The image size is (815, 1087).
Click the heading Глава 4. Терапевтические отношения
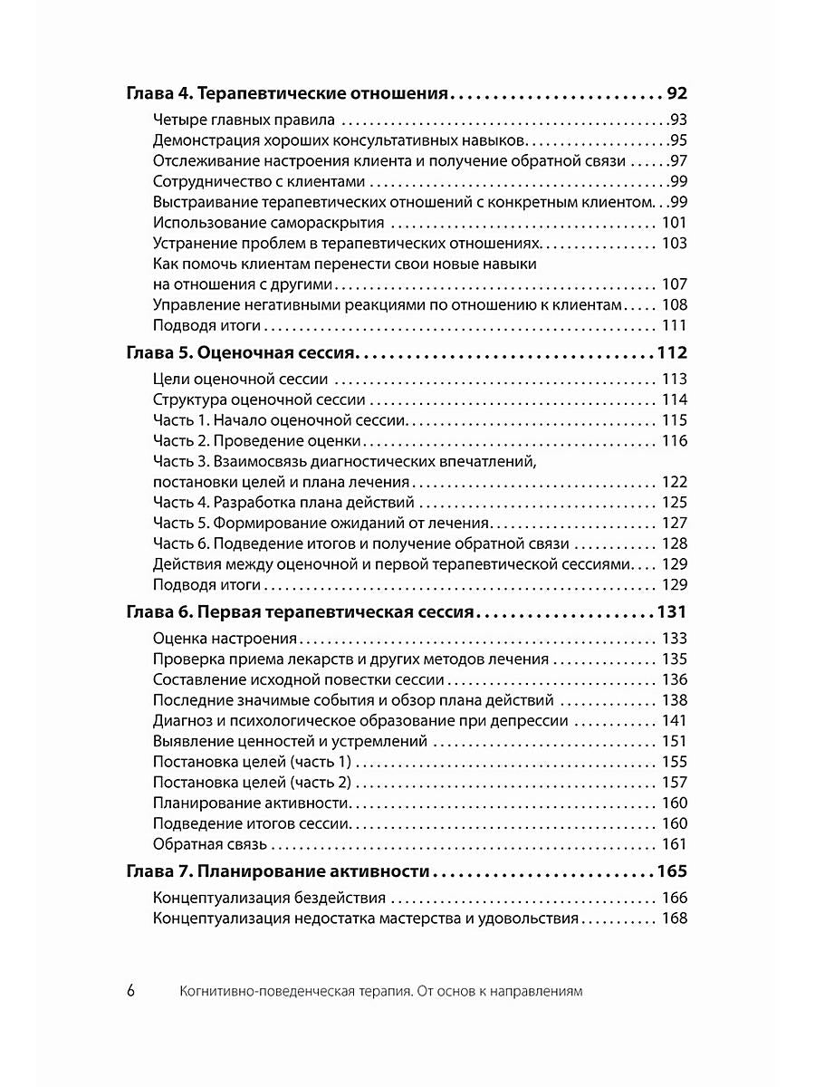[287, 93]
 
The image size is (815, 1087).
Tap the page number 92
[676, 93]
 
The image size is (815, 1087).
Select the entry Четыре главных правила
[244, 120]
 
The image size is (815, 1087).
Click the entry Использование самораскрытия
[269, 223]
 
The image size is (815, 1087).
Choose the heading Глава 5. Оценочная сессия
[244, 352]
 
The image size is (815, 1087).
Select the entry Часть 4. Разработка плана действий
[283, 502]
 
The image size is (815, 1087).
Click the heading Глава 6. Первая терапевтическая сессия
[300, 611]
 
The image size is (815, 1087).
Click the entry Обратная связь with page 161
[210, 844]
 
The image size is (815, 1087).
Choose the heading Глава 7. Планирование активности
[277, 872]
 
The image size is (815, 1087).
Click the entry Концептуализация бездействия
[269, 899]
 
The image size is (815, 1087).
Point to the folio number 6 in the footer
[130, 990]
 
